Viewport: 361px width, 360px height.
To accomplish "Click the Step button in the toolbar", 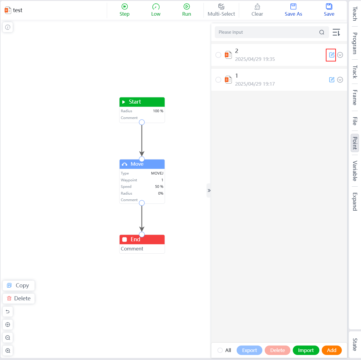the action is click(124, 10).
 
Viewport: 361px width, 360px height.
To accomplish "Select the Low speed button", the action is click(156, 10).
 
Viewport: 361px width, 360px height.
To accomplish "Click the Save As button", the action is click(293, 10).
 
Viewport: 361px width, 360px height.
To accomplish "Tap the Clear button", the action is click(257, 10).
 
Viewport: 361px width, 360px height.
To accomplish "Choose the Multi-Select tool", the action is click(221, 10).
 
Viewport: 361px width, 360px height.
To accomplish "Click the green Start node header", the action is click(142, 102).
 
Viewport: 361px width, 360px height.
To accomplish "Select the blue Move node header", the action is click(142, 164).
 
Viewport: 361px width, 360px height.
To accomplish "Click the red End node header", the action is click(142, 240).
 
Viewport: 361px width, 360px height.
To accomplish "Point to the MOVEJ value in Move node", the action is click(157, 173).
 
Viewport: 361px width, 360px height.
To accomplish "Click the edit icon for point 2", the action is click(331, 55).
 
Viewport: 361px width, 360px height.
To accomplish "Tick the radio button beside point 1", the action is click(218, 80).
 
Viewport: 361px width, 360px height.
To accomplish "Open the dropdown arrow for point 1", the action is click(340, 80).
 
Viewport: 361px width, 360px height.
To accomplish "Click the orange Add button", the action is click(331, 350).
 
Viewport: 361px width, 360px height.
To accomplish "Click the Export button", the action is click(249, 350).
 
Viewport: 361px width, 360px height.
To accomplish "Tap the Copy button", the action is click(19, 286).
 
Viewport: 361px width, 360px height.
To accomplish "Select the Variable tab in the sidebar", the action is click(355, 171).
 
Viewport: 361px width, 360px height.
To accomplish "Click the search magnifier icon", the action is click(322, 32).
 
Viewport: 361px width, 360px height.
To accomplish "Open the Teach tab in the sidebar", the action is click(355, 14).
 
